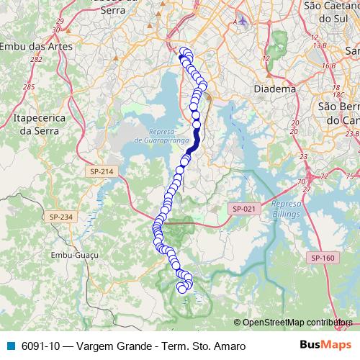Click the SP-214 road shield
point(102,171)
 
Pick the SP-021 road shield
point(244,208)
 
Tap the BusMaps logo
point(325,345)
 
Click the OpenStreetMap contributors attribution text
point(297,323)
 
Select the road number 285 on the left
point(29,87)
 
